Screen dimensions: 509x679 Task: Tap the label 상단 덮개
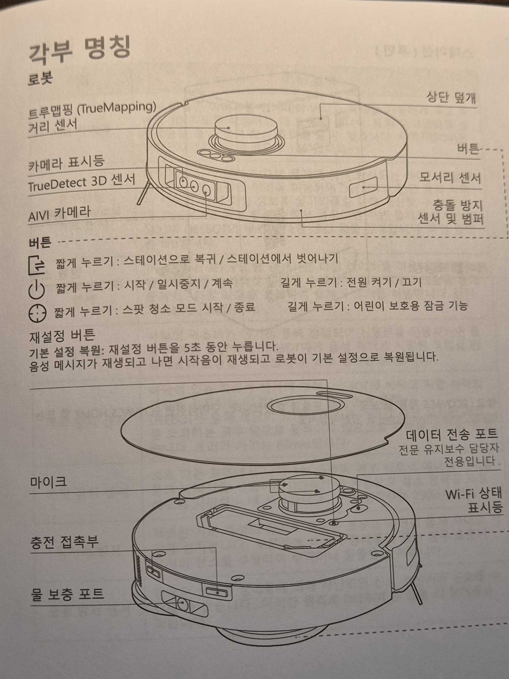pyautogui.click(x=451, y=97)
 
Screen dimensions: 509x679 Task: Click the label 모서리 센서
pyautogui.click(x=450, y=178)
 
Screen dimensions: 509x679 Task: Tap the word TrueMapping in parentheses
pyautogui.click(x=116, y=109)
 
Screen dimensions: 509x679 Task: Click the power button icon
pyautogui.click(x=36, y=290)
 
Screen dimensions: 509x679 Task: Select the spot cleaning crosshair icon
pyautogui.click(x=37, y=313)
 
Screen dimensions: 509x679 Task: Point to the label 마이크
pyautogui.click(x=48, y=482)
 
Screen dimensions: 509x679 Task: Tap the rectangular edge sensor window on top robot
pyautogui.click(x=363, y=187)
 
